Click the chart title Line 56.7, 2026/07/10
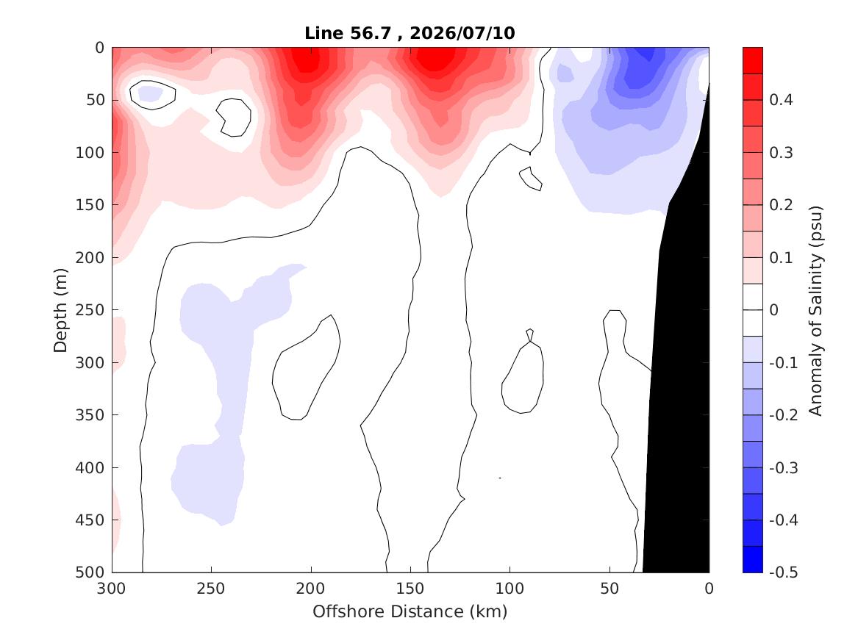tap(410, 33)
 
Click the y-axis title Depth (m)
tap(60, 310)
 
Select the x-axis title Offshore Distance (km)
tap(410, 611)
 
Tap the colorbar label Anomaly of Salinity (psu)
tap(816, 311)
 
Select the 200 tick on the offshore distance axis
tap(311, 589)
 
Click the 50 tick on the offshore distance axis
tap(609, 589)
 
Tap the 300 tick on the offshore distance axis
tap(112, 589)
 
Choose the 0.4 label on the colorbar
tap(781, 100)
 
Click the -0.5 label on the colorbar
tap(784, 572)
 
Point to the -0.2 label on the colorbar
tap(784, 415)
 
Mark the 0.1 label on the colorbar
tap(781, 257)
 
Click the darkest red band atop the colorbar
tap(752, 60)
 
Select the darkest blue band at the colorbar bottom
tap(752, 559)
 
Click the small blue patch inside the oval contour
tap(150, 94)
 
